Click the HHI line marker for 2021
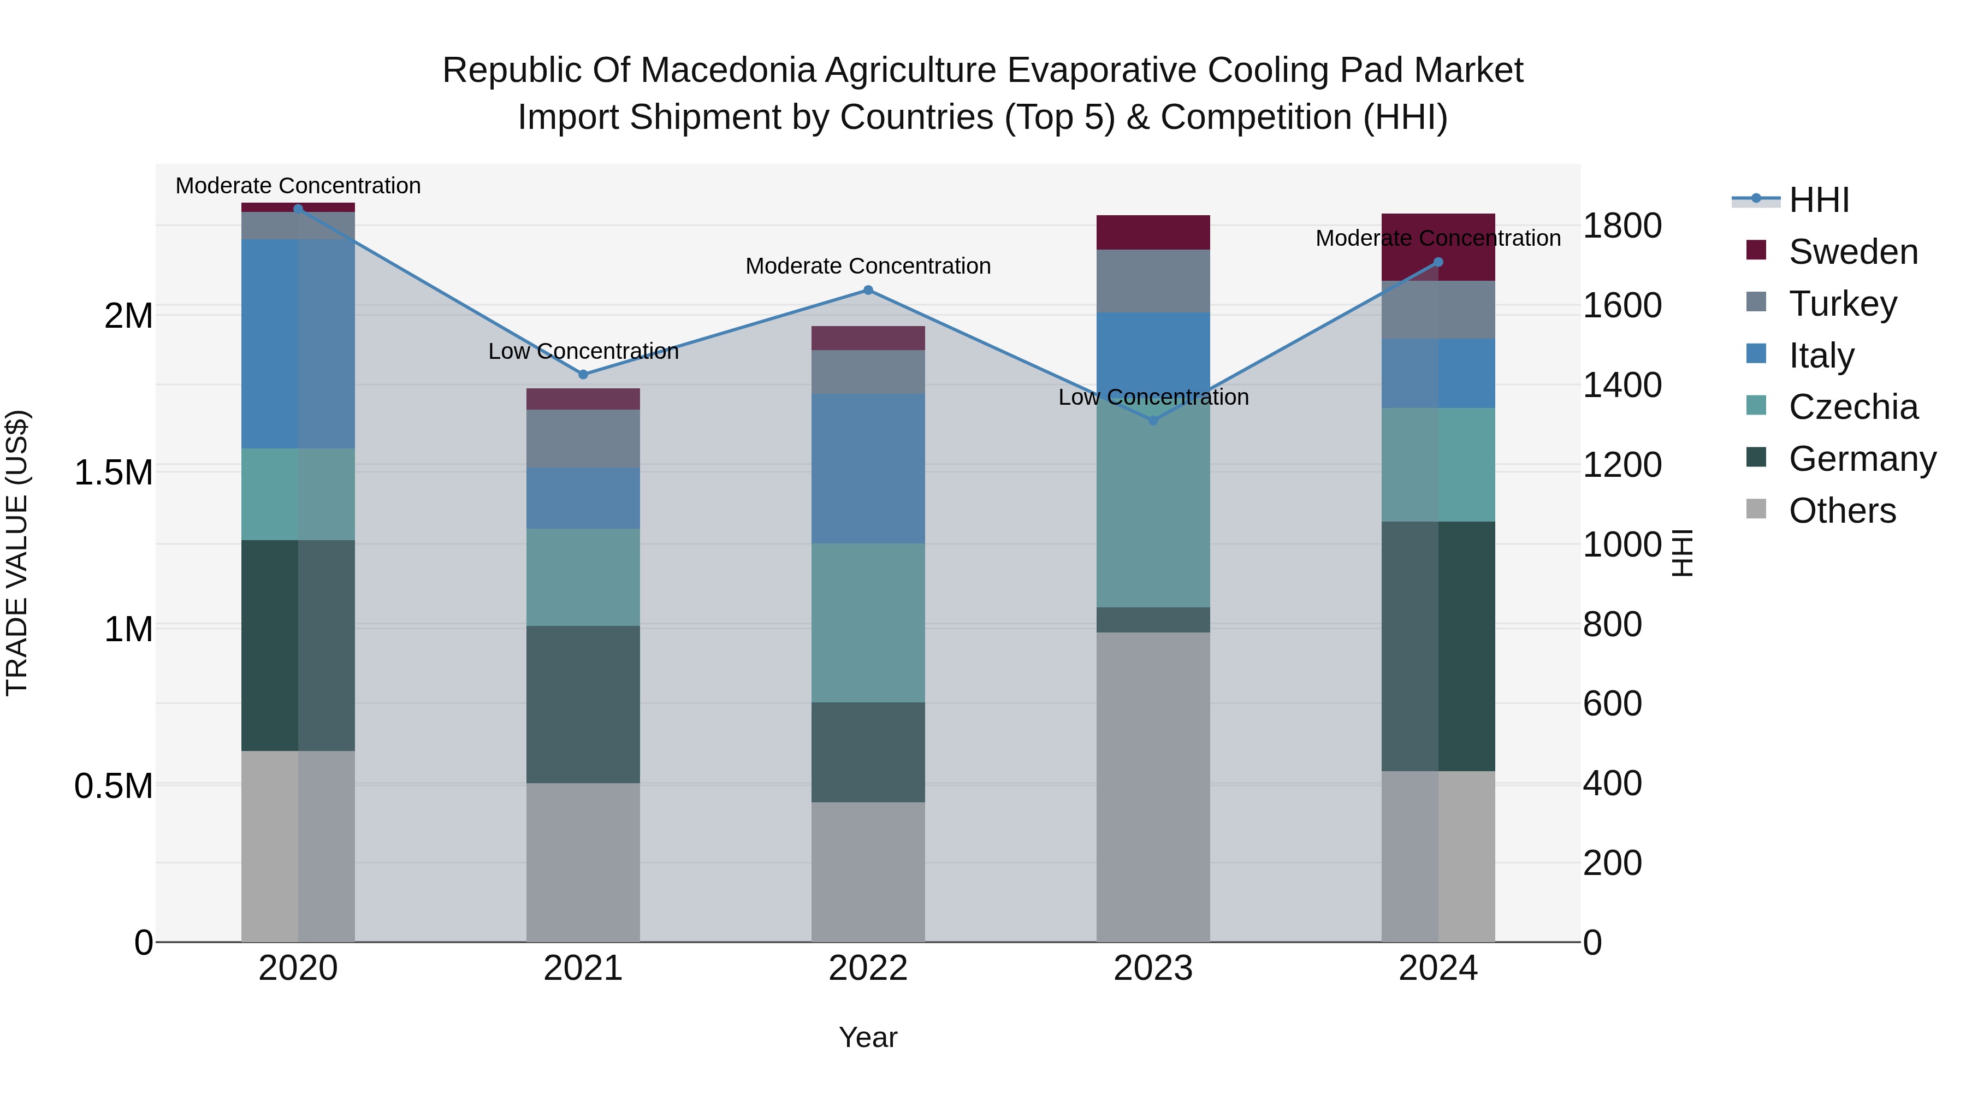click(x=583, y=374)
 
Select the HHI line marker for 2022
click(x=868, y=290)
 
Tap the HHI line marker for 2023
click(x=1153, y=421)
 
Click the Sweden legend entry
click(x=1852, y=252)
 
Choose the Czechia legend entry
click(x=1852, y=407)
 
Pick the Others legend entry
click(x=1841, y=511)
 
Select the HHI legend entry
click(x=1819, y=200)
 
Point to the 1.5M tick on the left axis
click(x=114, y=472)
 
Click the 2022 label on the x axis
click(x=868, y=968)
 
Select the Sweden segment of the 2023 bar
click(x=1153, y=232)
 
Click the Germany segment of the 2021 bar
click(x=583, y=704)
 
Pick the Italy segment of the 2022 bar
click(x=868, y=468)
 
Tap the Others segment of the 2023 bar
click(x=1153, y=786)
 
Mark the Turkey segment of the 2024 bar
click(x=1438, y=309)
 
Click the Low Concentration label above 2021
click(x=583, y=351)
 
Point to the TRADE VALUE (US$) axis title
click(x=17, y=553)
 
